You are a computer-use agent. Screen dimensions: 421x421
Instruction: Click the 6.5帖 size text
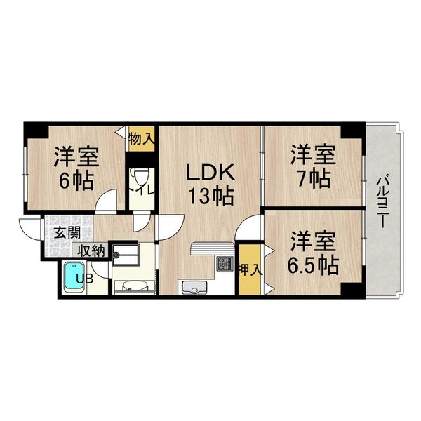312,265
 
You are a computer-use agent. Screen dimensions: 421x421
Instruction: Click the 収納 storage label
91,250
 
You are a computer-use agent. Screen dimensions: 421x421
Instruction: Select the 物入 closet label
140,136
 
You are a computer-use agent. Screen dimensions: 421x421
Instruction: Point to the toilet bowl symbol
139,174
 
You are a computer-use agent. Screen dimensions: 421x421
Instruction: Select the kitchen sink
192,287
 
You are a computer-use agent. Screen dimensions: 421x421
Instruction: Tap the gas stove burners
226,265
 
